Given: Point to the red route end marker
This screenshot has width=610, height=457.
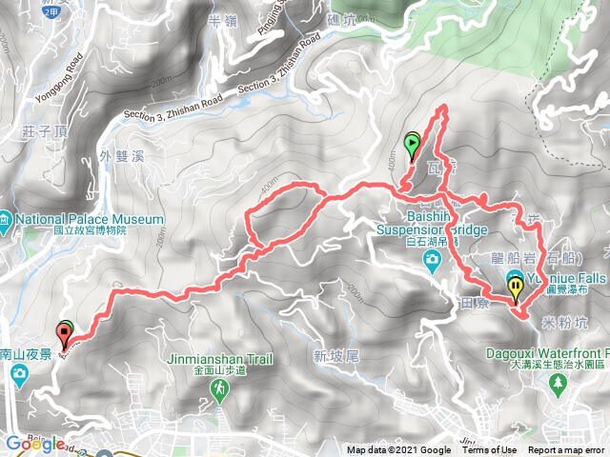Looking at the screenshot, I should point(65,333).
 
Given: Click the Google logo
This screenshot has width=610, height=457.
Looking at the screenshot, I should point(34,444).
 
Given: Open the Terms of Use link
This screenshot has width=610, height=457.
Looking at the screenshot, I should point(491,450).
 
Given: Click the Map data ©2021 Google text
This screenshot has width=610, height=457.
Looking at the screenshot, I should point(399,450).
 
